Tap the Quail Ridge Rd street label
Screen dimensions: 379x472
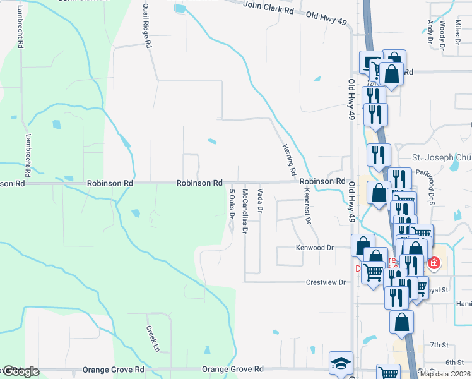point(146,25)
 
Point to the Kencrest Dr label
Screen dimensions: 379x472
point(307,206)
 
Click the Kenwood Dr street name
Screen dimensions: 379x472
point(314,248)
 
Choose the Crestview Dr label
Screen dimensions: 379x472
point(326,282)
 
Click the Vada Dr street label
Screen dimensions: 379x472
point(259,200)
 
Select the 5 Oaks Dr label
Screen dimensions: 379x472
point(232,203)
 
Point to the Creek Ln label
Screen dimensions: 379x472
point(151,339)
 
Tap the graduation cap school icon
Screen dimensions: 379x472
point(341,363)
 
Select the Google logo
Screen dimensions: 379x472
point(20,371)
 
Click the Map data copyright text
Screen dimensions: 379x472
point(445,374)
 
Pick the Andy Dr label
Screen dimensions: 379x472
point(430,31)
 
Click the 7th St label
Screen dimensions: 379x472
point(438,345)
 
